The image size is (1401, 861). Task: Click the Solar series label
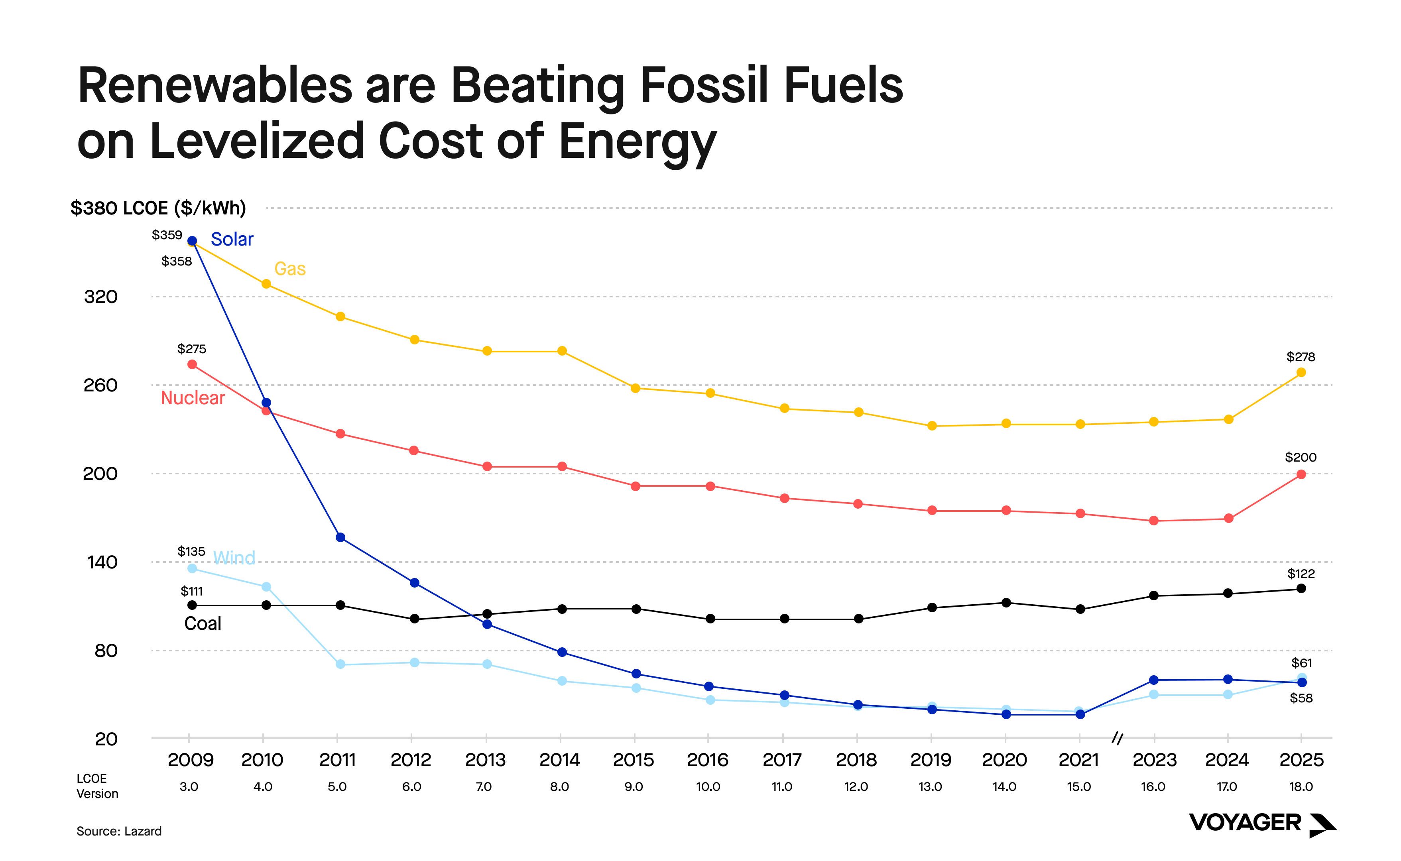tap(232, 239)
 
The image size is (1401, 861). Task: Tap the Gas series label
tap(290, 269)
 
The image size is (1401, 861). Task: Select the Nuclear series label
tap(193, 398)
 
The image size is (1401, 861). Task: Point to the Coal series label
tap(202, 623)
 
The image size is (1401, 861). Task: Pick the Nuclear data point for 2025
tap(1301, 474)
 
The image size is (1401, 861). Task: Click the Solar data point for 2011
tap(340, 538)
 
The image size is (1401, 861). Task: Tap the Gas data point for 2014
tap(561, 351)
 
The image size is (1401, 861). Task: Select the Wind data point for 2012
tap(414, 662)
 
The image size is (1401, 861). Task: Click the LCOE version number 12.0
tap(856, 787)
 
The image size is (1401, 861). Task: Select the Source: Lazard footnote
tap(119, 832)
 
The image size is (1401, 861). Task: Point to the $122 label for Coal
tap(1301, 574)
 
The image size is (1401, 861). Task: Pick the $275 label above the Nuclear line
tap(191, 348)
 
